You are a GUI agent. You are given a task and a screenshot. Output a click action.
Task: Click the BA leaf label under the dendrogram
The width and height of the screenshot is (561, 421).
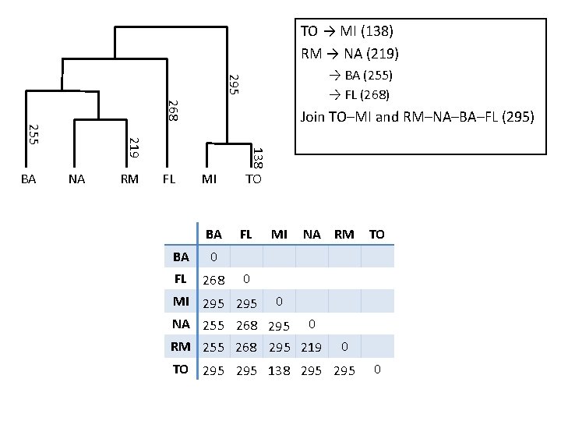[x=28, y=179]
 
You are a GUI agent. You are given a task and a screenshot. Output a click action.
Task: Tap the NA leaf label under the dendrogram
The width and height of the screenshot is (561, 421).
[x=76, y=179]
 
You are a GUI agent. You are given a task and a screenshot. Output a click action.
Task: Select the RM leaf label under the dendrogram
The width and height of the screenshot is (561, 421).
[x=129, y=179]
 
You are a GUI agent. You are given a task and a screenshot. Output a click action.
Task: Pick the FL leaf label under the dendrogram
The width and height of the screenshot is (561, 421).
[x=168, y=179]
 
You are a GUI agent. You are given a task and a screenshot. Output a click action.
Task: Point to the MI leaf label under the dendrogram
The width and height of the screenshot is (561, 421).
[x=209, y=179]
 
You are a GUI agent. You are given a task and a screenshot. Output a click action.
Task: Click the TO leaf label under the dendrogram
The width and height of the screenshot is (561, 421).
[x=253, y=179]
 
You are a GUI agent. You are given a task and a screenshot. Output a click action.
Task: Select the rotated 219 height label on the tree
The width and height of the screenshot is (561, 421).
[x=134, y=147]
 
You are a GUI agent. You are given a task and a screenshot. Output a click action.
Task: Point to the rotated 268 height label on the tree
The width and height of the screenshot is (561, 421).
[x=174, y=109]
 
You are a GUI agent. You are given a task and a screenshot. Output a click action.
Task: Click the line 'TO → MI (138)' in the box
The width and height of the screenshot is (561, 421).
[x=347, y=32]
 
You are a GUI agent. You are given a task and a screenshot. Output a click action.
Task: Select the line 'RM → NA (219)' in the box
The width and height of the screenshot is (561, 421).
[x=350, y=54]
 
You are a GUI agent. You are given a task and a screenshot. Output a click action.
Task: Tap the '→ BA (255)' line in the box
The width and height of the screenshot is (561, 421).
[x=359, y=76]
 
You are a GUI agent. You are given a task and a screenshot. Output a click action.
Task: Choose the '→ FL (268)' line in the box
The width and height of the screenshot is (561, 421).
[x=358, y=95]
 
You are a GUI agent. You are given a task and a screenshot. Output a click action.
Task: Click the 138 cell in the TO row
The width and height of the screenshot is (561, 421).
[x=280, y=370]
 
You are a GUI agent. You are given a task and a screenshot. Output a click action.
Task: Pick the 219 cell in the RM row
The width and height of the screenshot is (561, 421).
[x=312, y=348]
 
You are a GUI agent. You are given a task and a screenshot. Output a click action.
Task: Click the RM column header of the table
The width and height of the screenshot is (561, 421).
[x=344, y=234]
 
